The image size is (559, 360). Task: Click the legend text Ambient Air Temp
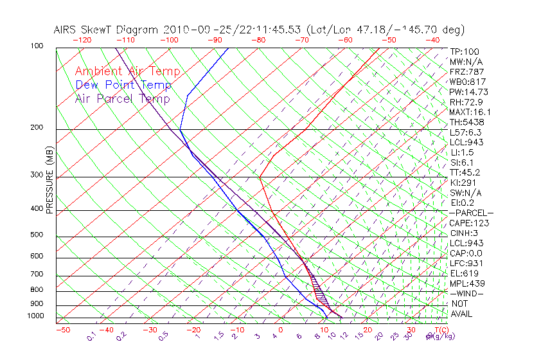coord(127,71)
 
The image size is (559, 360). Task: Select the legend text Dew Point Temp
coord(123,85)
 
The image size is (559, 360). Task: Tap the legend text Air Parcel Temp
coord(122,98)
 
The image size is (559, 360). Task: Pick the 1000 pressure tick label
coord(36,316)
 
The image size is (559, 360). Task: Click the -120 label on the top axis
coord(82,40)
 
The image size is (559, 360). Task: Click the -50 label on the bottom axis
coord(62,330)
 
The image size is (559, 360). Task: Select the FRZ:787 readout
coord(467,71)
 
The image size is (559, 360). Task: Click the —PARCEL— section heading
coord(471,213)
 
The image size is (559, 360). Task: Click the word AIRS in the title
coord(67,30)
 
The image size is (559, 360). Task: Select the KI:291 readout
coord(465,183)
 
